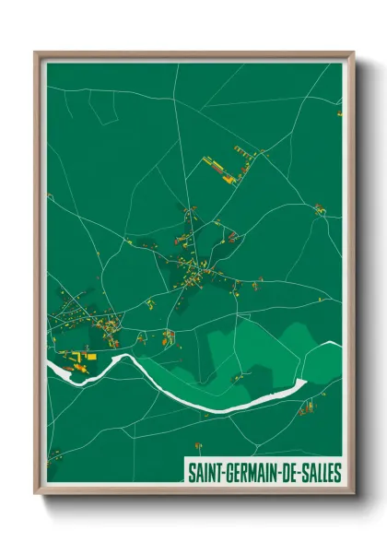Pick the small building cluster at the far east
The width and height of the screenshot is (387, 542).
(319, 210)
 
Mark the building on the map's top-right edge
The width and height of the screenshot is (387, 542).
(339, 113)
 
